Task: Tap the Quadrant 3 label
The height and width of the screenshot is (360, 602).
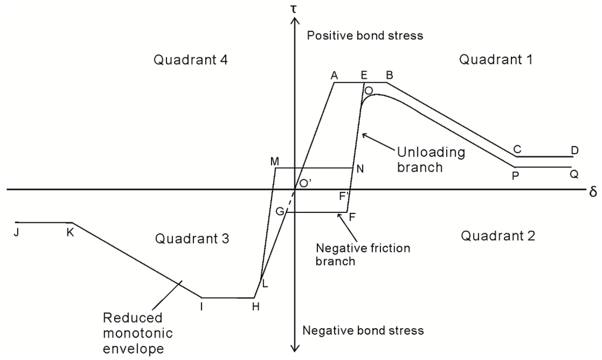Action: click(x=192, y=238)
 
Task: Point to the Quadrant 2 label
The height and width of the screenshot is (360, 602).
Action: click(x=499, y=236)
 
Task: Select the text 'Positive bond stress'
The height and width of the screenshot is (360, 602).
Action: click(x=365, y=36)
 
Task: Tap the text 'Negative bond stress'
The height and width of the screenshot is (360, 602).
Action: click(x=363, y=330)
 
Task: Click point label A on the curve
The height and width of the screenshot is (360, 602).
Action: click(x=335, y=75)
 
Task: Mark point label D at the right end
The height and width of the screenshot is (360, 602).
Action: click(x=574, y=151)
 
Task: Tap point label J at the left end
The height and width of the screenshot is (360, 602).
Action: click(x=16, y=232)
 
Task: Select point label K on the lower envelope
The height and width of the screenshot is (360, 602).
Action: click(x=70, y=232)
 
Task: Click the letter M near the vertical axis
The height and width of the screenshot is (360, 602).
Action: click(x=274, y=161)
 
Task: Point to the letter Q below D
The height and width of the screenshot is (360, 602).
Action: click(x=573, y=174)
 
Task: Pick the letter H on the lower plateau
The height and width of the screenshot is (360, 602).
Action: click(x=255, y=307)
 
